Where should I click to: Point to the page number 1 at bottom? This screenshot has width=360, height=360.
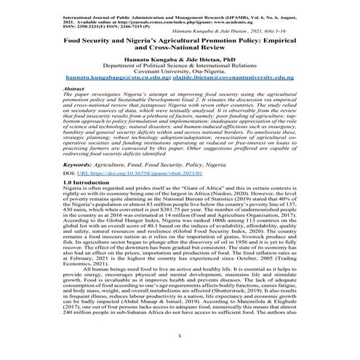click(179, 337)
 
